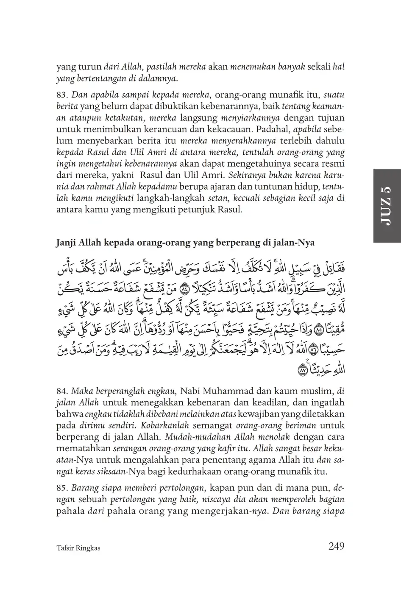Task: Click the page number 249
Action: (x=336, y=546)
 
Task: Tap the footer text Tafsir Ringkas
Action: (x=78, y=548)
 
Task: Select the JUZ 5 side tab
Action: (x=387, y=206)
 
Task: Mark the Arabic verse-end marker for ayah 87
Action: (x=302, y=370)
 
